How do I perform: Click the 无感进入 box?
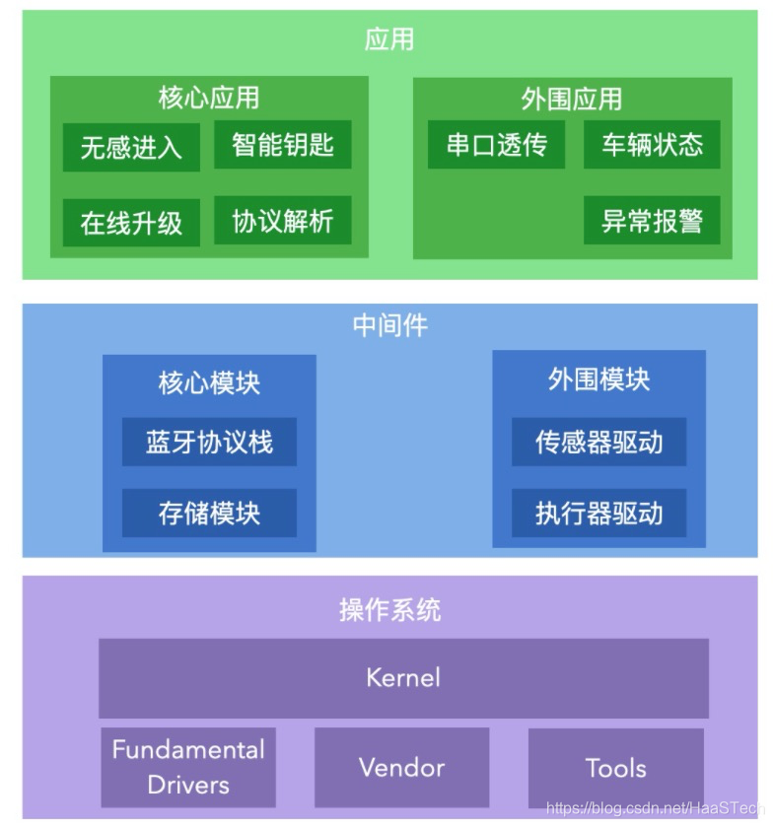coord(131,147)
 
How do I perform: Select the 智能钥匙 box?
coord(283,145)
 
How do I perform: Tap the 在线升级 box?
coord(131,223)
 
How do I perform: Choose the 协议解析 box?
coord(283,221)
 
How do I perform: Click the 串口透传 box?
coord(496,145)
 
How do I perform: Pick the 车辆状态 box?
coord(652,145)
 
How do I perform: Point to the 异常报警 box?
coord(652,221)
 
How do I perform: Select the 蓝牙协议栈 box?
coord(209,442)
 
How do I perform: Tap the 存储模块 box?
coord(209,513)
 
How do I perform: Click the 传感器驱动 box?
coord(598,442)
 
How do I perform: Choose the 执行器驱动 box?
coord(598,513)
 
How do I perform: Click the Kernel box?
coord(403,678)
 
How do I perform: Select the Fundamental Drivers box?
coord(188,767)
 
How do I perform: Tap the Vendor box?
coord(401,767)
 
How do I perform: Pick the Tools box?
coord(615,767)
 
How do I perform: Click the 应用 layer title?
coord(389,39)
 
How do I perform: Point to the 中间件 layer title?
coord(389,325)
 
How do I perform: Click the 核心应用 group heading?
coord(209,98)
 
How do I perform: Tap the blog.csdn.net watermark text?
coord(655,808)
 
